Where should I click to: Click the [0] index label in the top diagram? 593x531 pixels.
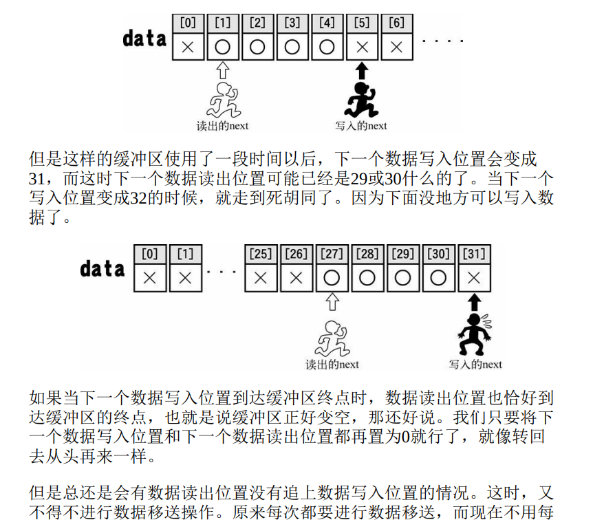click(x=188, y=23)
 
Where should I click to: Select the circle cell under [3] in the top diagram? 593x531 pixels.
click(x=292, y=47)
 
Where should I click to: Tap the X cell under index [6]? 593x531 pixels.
click(x=396, y=47)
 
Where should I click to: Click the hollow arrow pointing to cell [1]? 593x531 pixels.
click(x=222, y=69)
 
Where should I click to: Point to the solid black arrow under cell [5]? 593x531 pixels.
click(x=362, y=70)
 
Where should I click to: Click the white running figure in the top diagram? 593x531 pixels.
click(x=223, y=99)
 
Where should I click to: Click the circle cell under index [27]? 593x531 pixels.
click(x=332, y=278)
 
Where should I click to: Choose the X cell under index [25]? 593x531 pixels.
click(x=260, y=278)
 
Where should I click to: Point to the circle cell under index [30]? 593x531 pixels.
click(x=438, y=278)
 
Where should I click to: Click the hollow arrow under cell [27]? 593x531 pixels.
click(x=332, y=301)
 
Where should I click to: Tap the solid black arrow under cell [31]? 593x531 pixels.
click(x=473, y=301)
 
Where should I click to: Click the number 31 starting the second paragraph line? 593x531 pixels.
click(x=38, y=178)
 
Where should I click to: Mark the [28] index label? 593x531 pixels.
click(x=367, y=254)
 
